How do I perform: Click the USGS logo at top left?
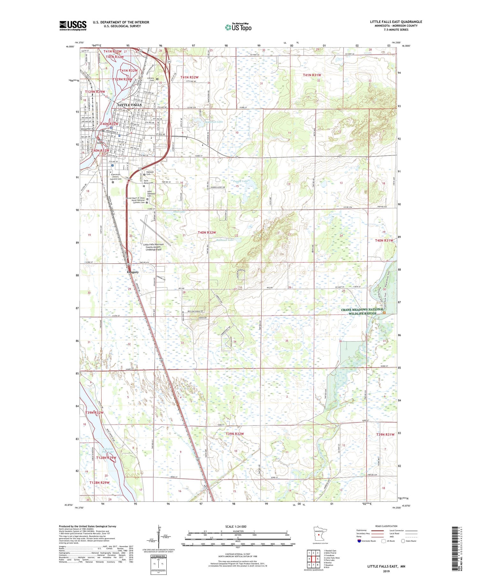point(73,26)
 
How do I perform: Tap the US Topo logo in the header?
point(238,27)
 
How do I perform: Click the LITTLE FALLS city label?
point(130,105)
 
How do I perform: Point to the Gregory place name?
point(133,272)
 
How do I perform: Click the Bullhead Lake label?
point(225,240)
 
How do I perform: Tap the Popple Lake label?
point(240,181)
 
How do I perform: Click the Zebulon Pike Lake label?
point(108,450)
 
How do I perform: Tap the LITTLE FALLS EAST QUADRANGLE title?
point(396,22)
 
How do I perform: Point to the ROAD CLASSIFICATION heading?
point(386,526)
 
